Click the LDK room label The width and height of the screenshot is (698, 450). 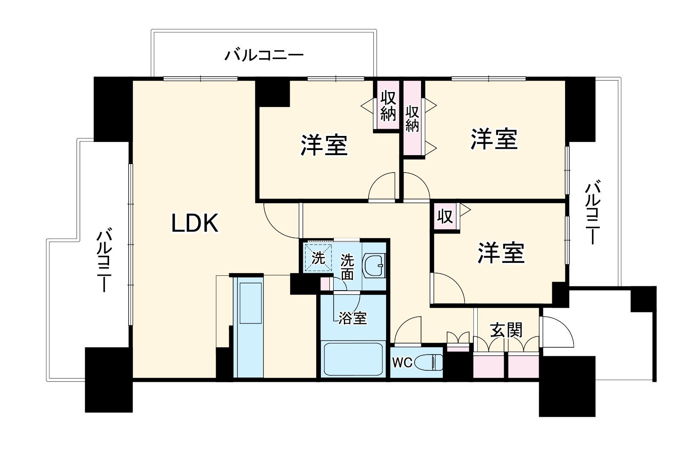[x=195, y=223]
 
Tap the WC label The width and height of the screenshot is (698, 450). [x=402, y=363]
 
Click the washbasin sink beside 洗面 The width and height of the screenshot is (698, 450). [x=375, y=266]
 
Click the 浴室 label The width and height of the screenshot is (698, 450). [x=352, y=318]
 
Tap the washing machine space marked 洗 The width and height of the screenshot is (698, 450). [x=317, y=258]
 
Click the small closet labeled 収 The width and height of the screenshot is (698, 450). [x=445, y=217]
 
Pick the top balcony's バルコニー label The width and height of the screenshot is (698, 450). [x=264, y=55]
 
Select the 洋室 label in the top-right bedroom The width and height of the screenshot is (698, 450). [x=494, y=139]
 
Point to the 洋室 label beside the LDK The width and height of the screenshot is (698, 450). [x=324, y=145]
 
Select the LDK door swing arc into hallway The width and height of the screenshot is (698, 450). [x=279, y=222]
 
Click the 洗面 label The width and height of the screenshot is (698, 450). [x=347, y=267]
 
